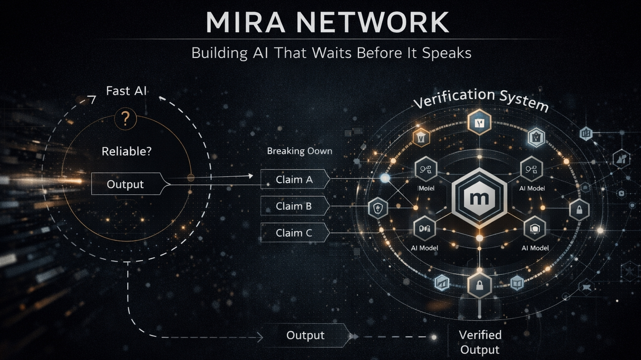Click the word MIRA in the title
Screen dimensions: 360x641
(245, 23)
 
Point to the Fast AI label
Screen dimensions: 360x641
(126, 91)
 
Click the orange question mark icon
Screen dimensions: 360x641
(125, 119)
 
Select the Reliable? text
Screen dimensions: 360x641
(126, 151)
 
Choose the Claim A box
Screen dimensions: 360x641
(294, 179)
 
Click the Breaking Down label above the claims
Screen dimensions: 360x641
(299, 151)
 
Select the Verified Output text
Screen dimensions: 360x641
(480, 342)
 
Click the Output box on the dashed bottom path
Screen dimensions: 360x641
(305, 335)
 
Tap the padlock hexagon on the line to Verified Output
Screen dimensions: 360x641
(479, 285)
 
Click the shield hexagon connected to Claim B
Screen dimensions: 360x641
(378, 208)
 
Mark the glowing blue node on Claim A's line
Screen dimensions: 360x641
(385, 179)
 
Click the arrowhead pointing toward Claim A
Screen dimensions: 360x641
(250, 176)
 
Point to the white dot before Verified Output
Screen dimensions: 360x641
(434, 337)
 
